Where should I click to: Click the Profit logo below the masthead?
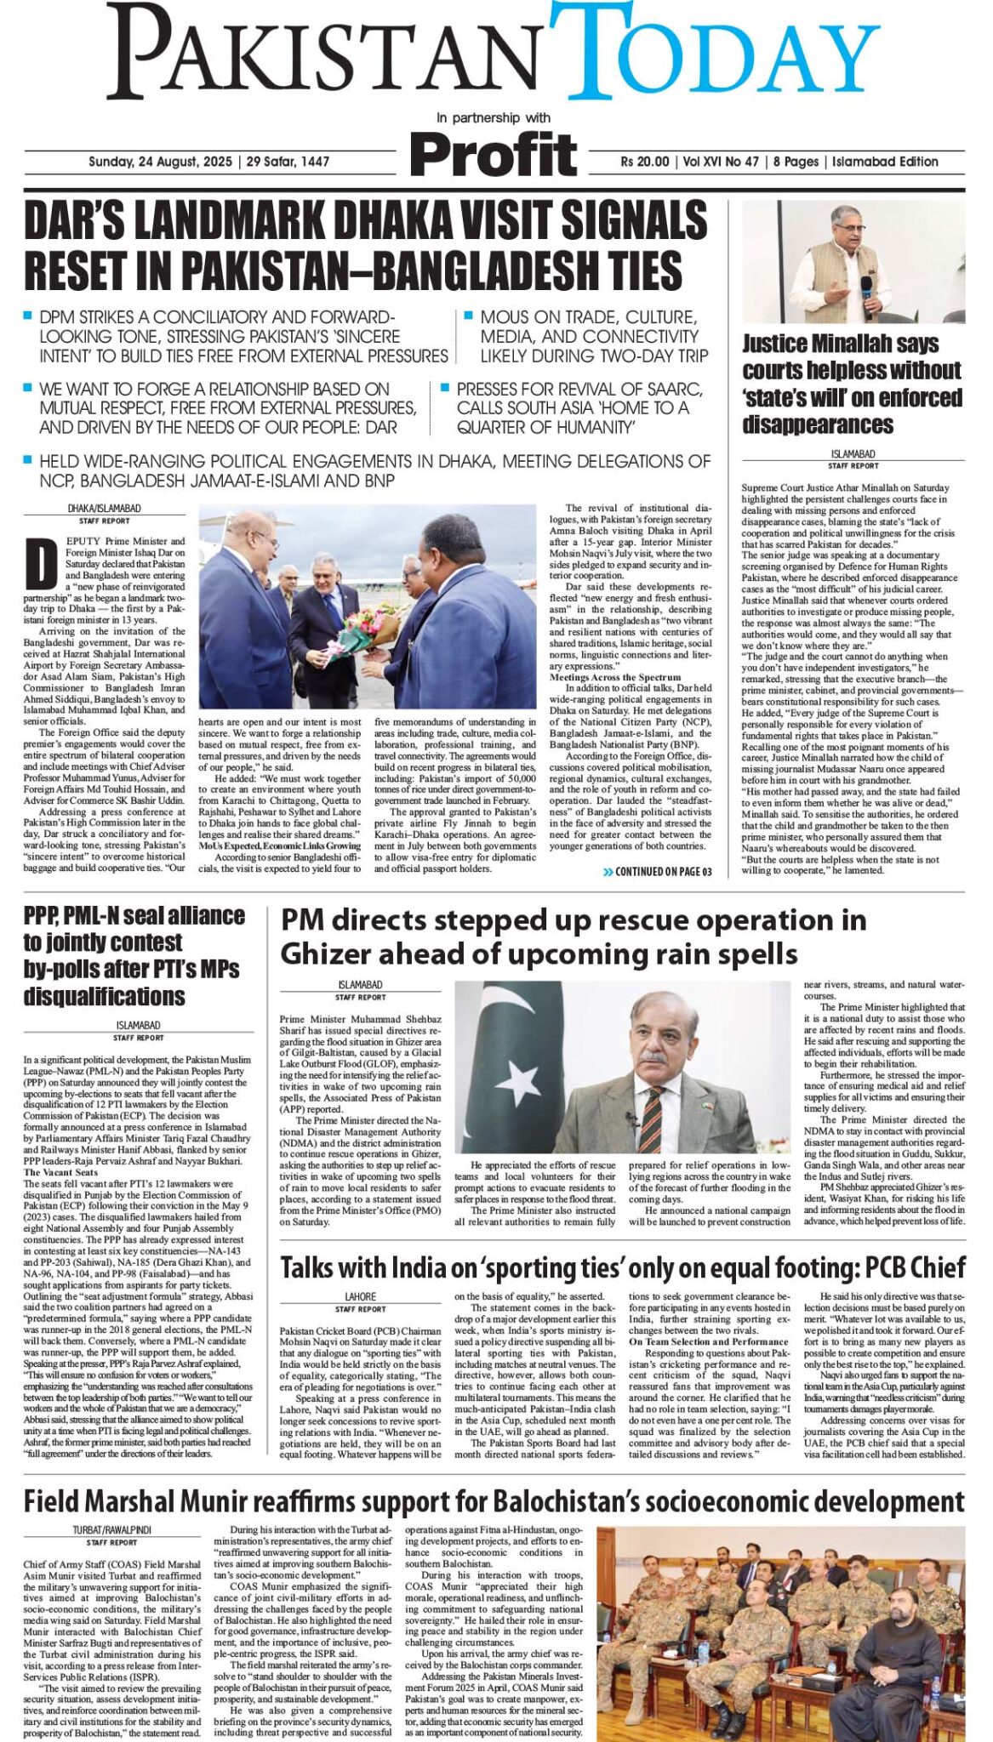pos(493,156)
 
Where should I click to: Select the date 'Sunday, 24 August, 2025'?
pos(161,162)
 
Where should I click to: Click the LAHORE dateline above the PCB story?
pos(361,1297)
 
